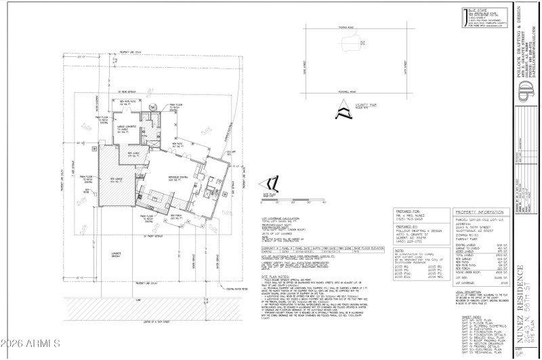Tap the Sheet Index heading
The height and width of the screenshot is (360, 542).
pyautogui.click(x=463, y=315)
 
